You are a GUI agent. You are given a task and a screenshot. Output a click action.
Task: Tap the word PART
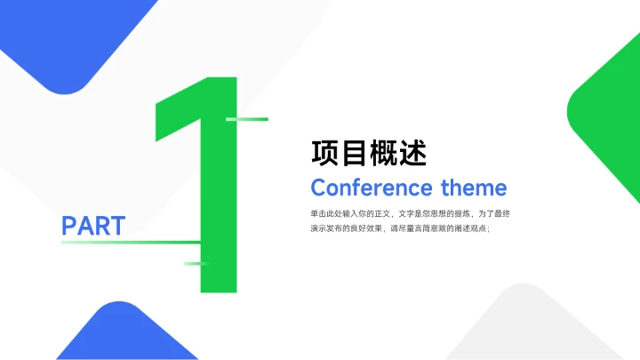(93, 226)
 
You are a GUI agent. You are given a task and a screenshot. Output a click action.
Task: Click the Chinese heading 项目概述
(369, 154)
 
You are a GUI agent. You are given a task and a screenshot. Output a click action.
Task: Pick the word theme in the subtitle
(474, 188)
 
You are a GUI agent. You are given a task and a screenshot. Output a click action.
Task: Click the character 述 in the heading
(413, 154)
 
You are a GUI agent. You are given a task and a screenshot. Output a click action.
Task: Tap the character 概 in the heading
(384, 154)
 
